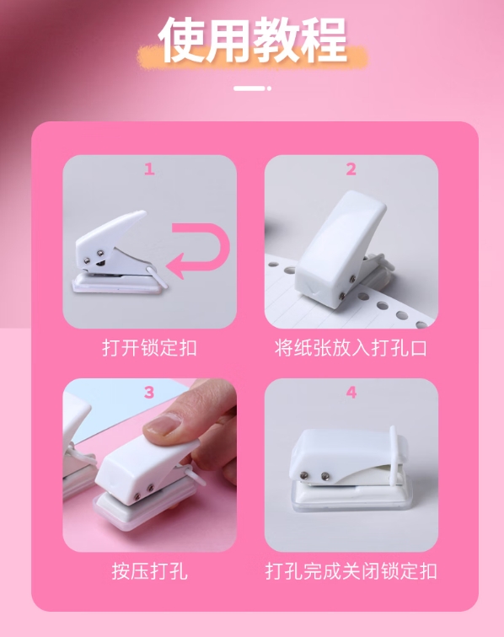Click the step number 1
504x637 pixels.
[149, 169]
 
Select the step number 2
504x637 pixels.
[351, 169]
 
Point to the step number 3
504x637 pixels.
[149, 392]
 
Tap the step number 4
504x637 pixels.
[351, 392]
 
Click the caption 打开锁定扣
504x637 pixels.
[149, 347]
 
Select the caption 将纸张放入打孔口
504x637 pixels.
[351, 347]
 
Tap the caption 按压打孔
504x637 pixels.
[149, 570]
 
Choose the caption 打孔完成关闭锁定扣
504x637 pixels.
[351, 570]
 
